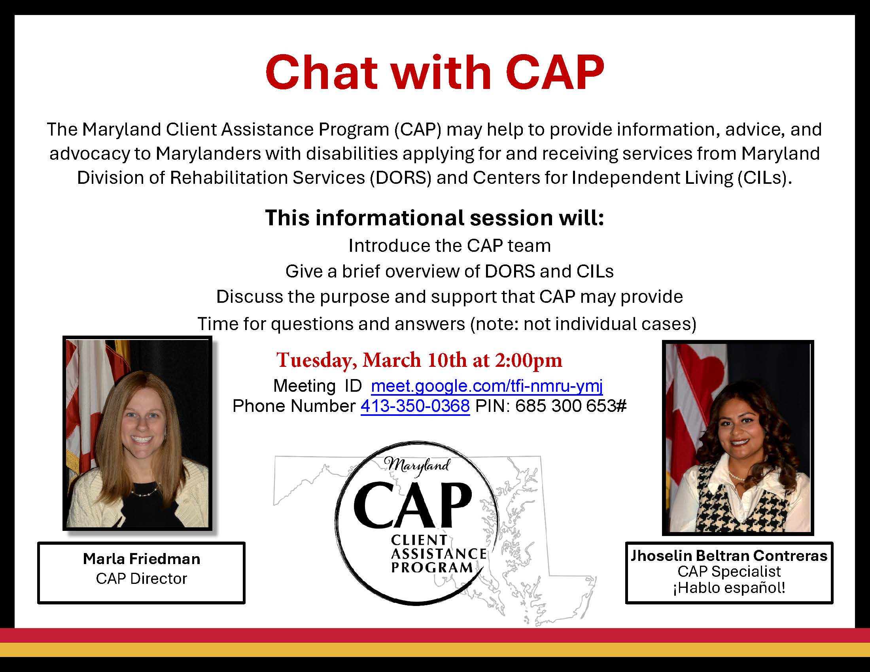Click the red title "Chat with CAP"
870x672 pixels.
[x=435, y=73]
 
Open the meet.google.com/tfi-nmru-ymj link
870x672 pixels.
[x=486, y=385]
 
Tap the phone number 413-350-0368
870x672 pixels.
[x=415, y=406]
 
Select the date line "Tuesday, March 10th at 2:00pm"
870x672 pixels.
[x=419, y=360]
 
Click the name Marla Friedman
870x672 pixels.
[x=142, y=559]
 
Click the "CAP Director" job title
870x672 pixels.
[x=142, y=578]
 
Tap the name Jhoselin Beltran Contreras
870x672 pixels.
[x=728, y=555]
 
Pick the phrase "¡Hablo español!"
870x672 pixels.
[x=729, y=587]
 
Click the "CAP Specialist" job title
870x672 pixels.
[x=729, y=572]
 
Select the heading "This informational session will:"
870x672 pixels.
[x=435, y=218]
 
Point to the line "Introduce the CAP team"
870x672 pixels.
[x=449, y=245]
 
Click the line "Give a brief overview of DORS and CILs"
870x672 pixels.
[x=449, y=272]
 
